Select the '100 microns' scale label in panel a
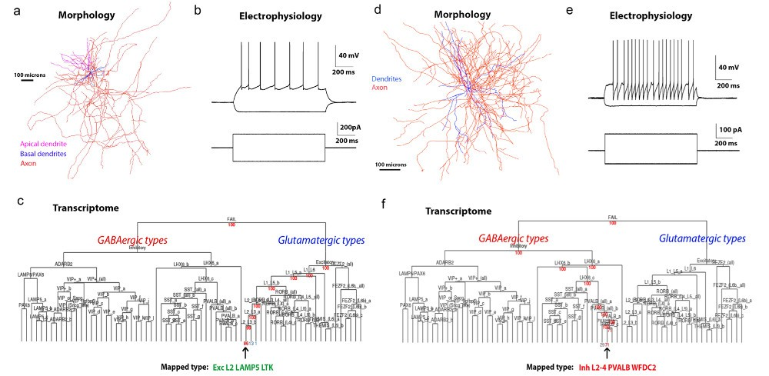click(x=28, y=75)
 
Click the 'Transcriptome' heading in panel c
click(x=83, y=208)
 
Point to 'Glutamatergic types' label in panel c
click(x=323, y=241)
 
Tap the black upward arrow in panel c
click(x=245, y=351)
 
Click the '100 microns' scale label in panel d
click(x=392, y=165)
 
